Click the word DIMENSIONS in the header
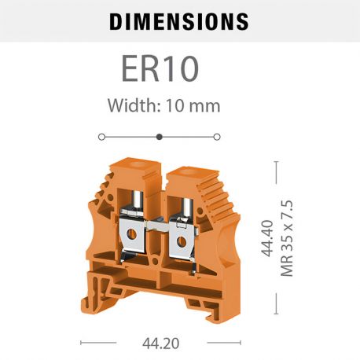(x=179, y=21)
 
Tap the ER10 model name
(x=160, y=68)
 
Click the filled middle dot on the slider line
(x=160, y=137)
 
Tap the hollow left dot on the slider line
(x=101, y=137)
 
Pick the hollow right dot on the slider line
(x=218, y=137)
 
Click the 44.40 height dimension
(x=269, y=238)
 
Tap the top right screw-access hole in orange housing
(x=187, y=168)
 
